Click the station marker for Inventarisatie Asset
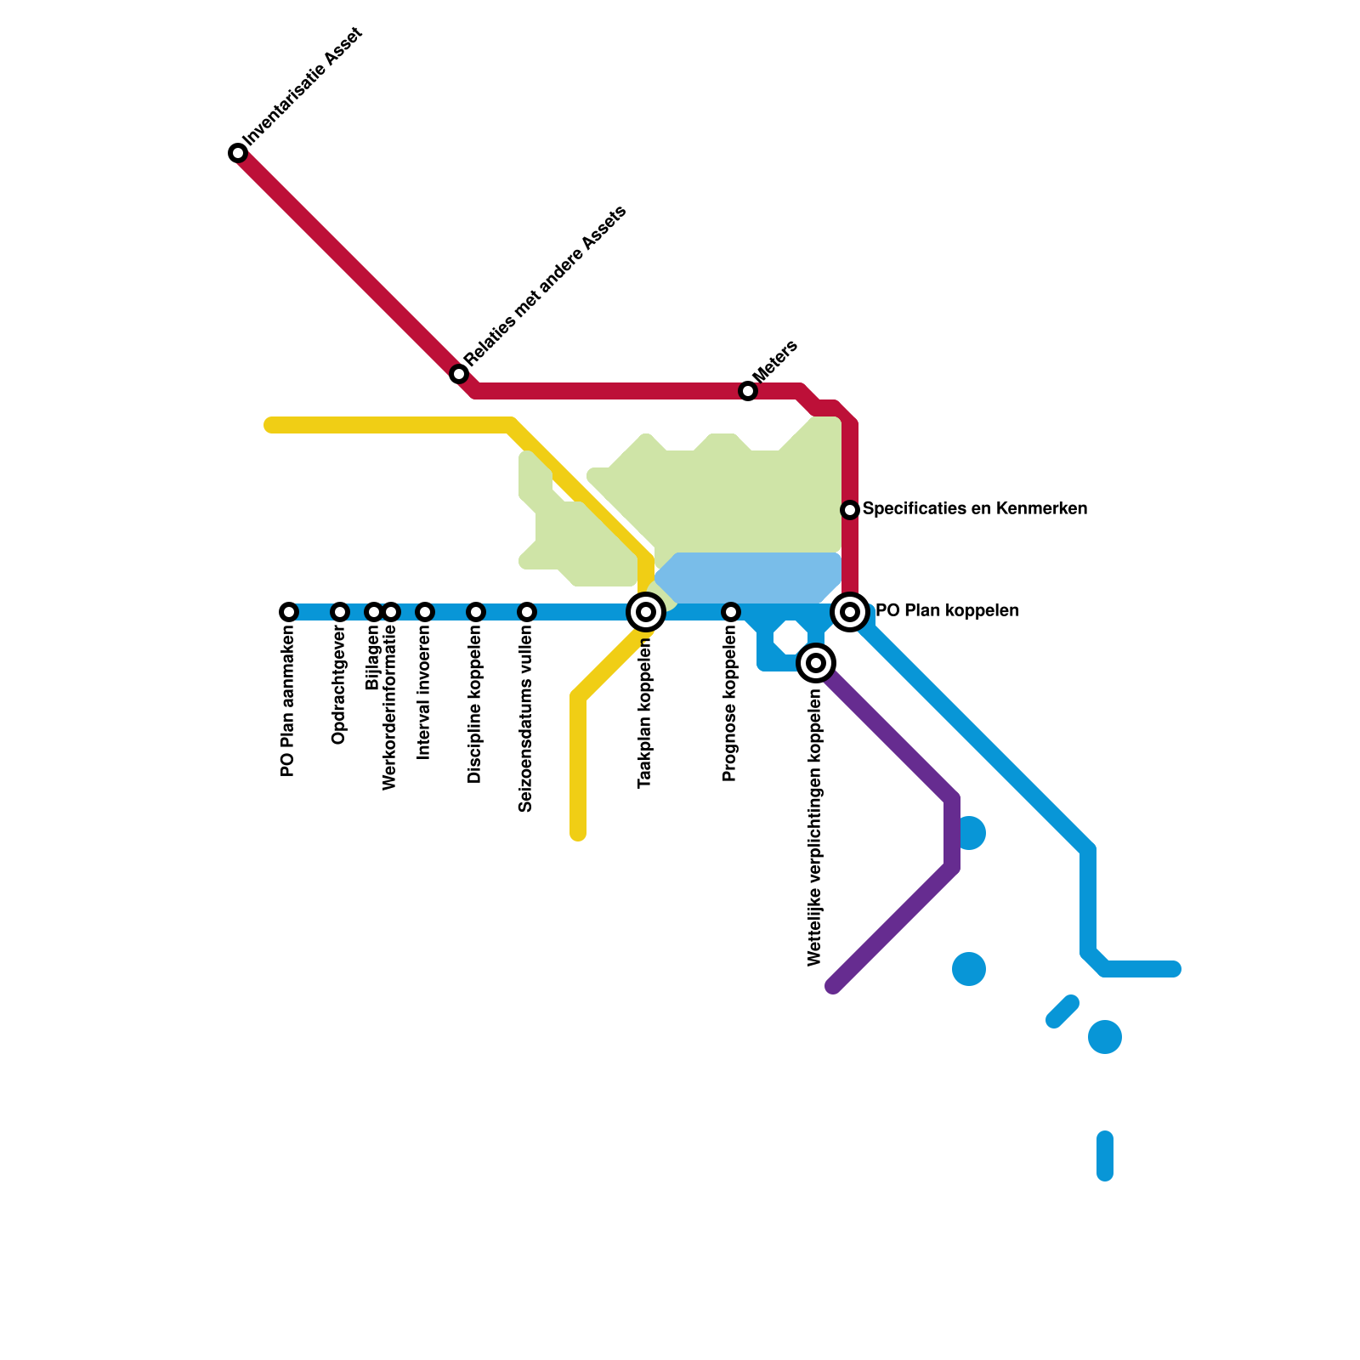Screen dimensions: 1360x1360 click(238, 153)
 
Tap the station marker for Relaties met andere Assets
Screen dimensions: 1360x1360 click(459, 374)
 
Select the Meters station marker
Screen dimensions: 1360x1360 click(748, 391)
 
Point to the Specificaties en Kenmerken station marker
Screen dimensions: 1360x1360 click(850, 509)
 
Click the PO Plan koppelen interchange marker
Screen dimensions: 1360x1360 click(850, 611)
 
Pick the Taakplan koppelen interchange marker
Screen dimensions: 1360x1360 click(646, 611)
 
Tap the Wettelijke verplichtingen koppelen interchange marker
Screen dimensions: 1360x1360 click(816, 662)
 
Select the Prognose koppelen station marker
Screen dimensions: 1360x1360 click(731, 612)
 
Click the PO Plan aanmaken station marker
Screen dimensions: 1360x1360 click(289, 612)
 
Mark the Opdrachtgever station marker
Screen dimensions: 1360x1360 click(340, 612)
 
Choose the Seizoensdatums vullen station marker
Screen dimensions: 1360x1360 click(527, 612)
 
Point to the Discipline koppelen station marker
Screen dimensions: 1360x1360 click(476, 612)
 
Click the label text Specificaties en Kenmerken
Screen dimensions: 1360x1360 click(974, 509)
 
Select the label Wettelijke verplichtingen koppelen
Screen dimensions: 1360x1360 click(815, 827)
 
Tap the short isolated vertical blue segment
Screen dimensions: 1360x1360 click(1105, 1156)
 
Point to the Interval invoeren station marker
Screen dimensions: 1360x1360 click(425, 612)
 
